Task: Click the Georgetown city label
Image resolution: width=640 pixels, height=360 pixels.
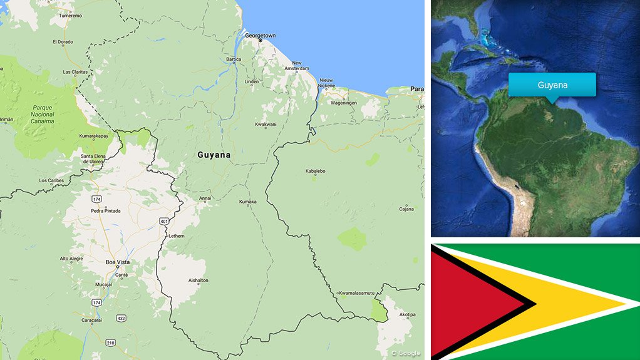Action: coord(260,36)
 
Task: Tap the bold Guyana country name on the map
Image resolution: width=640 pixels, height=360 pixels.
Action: coord(214,155)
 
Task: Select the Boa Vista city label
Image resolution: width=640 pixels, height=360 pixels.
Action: coord(117,262)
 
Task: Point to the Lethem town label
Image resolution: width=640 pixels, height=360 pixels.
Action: coord(175,235)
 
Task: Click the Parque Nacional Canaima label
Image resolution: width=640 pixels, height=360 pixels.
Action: coord(43,115)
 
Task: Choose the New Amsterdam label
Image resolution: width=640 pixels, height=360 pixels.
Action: coord(297,66)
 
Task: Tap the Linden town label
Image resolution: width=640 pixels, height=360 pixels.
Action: coord(251,82)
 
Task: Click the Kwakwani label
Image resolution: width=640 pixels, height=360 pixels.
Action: coord(266,124)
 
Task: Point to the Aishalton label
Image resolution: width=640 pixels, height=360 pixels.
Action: coord(198,280)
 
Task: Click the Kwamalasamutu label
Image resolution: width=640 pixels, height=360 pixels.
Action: coord(356,293)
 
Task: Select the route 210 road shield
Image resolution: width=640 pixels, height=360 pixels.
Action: coord(110,342)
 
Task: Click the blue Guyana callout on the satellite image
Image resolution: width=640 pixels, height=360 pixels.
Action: coord(552,85)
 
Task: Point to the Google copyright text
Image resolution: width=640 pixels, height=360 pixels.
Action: coord(406,354)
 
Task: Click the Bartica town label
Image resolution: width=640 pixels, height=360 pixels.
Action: coord(233,59)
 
